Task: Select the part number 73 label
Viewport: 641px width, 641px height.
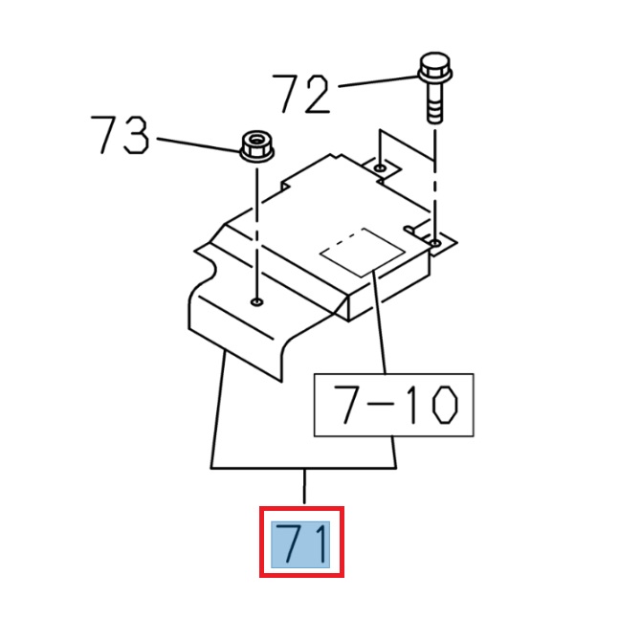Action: point(121,136)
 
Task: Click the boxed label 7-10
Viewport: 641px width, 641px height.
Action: point(393,406)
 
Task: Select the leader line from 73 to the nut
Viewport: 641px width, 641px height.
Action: point(195,144)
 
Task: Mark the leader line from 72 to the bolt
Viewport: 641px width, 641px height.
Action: point(375,81)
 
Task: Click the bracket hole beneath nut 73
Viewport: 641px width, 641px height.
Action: point(256,302)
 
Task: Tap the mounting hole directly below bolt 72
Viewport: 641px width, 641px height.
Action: point(436,245)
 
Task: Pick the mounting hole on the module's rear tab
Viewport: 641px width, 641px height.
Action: point(381,167)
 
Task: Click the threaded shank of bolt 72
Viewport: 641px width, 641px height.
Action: point(432,103)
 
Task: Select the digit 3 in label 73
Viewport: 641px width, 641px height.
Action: point(136,136)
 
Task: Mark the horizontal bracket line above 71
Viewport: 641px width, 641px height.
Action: point(304,468)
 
